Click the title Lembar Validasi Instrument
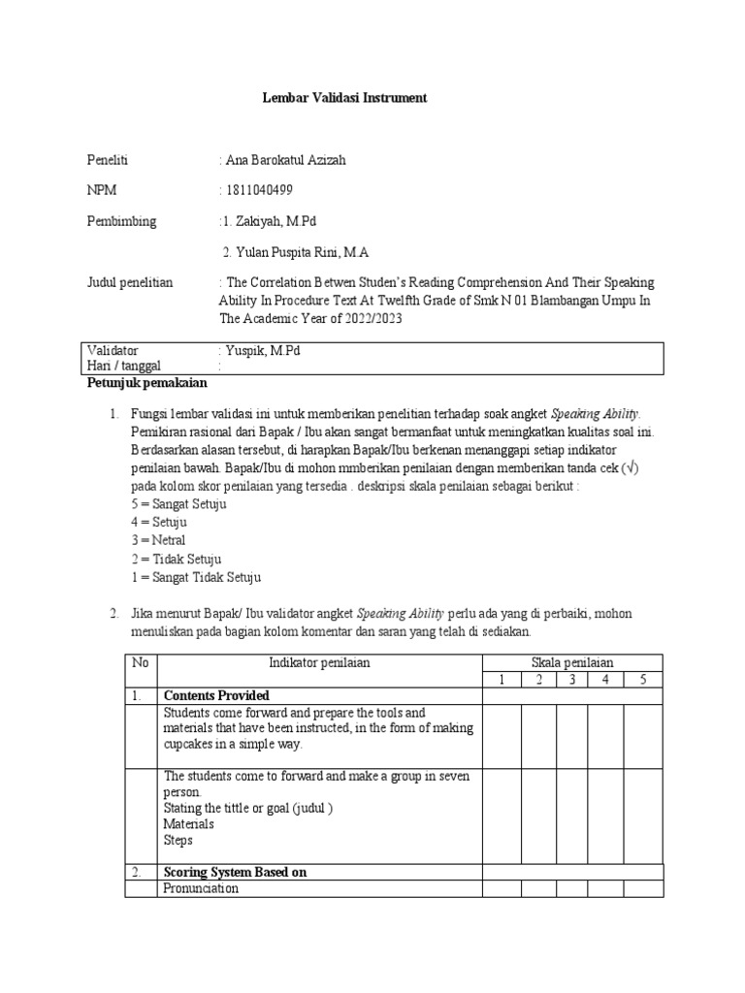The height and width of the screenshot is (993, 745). [345, 99]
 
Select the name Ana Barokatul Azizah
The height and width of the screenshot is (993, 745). [285, 161]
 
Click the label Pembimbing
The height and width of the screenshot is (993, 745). [121, 221]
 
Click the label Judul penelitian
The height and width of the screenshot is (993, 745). [130, 282]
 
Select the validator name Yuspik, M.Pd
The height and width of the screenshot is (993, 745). [264, 350]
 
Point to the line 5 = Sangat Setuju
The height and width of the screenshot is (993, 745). [177, 504]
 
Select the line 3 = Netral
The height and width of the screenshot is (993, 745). [157, 540]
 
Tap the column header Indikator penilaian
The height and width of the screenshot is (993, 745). [319, 662]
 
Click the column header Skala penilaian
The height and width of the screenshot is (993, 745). [573, 662]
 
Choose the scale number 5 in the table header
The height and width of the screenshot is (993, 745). [642, 679]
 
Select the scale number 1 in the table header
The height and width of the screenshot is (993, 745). [502, 679]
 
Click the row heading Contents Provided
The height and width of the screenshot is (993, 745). [216, 695]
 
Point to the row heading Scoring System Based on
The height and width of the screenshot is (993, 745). [235, 872]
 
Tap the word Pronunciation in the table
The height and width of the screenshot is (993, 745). [201, 888]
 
